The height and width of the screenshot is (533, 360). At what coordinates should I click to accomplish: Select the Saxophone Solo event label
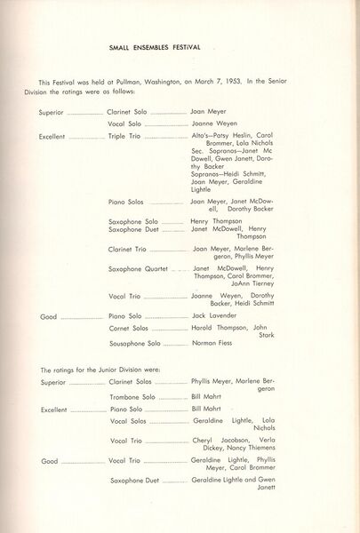pyautogui.click(x=132, y=220)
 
